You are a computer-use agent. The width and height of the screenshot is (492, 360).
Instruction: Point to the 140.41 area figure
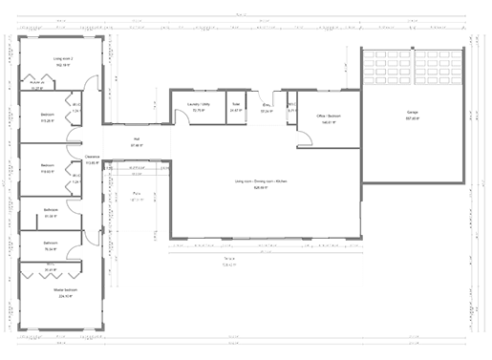(329, 123)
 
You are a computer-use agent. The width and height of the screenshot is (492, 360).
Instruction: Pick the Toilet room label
(236, 105)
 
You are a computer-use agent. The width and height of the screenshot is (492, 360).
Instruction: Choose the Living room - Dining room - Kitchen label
(259, 180)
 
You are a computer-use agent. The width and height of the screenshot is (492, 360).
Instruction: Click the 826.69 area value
(259, 186)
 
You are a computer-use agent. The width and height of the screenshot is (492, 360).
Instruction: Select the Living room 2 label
(63, 59)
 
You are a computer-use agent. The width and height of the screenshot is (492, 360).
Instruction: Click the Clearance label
(93, 157)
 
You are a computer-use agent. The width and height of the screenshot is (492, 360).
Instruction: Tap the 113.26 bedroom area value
(47, 122)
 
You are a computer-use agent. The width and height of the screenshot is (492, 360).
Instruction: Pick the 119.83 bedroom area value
(47, 172)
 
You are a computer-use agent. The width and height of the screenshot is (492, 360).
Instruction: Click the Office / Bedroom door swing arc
(303, 140)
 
